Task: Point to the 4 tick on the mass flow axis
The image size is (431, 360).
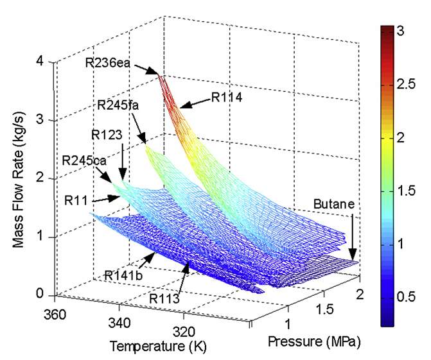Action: pos(40,62)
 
